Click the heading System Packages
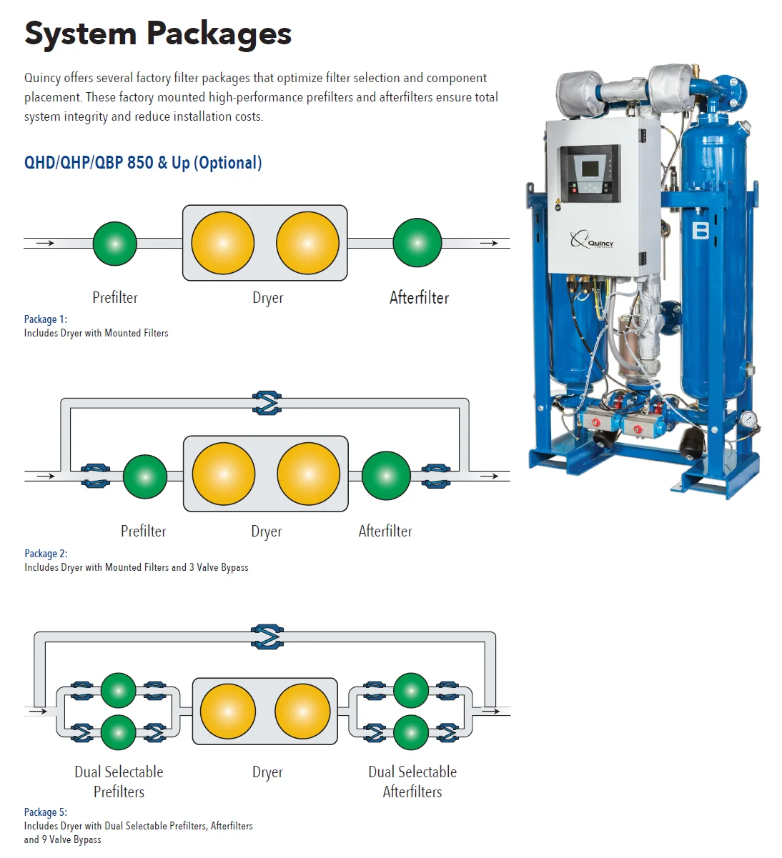tap(158, 34)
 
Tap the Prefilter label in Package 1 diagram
tap(115, 298)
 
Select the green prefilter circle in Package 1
tap(115, 244)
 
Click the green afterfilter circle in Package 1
tap(417, 244)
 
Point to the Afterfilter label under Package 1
tap(419, 298)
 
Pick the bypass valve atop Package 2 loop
tap(267, 403)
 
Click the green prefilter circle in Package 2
tap(145, 477)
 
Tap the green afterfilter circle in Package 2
tap(386, 475)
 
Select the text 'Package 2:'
tap(46, 554)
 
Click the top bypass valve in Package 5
tap(267, 637)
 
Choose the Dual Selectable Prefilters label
tap(119, 782)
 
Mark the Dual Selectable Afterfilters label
tap(412, 782)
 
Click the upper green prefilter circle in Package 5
tap(119, 690)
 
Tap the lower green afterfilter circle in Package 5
tap(411, 732)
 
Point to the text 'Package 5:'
tap(46, 812)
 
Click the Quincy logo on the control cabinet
tap(592, 241)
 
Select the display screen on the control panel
tap(590, 169)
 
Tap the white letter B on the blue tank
tap(701, 231)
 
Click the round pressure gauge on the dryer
tap(748, 419)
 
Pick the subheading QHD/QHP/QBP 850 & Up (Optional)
tap(143, 163)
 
